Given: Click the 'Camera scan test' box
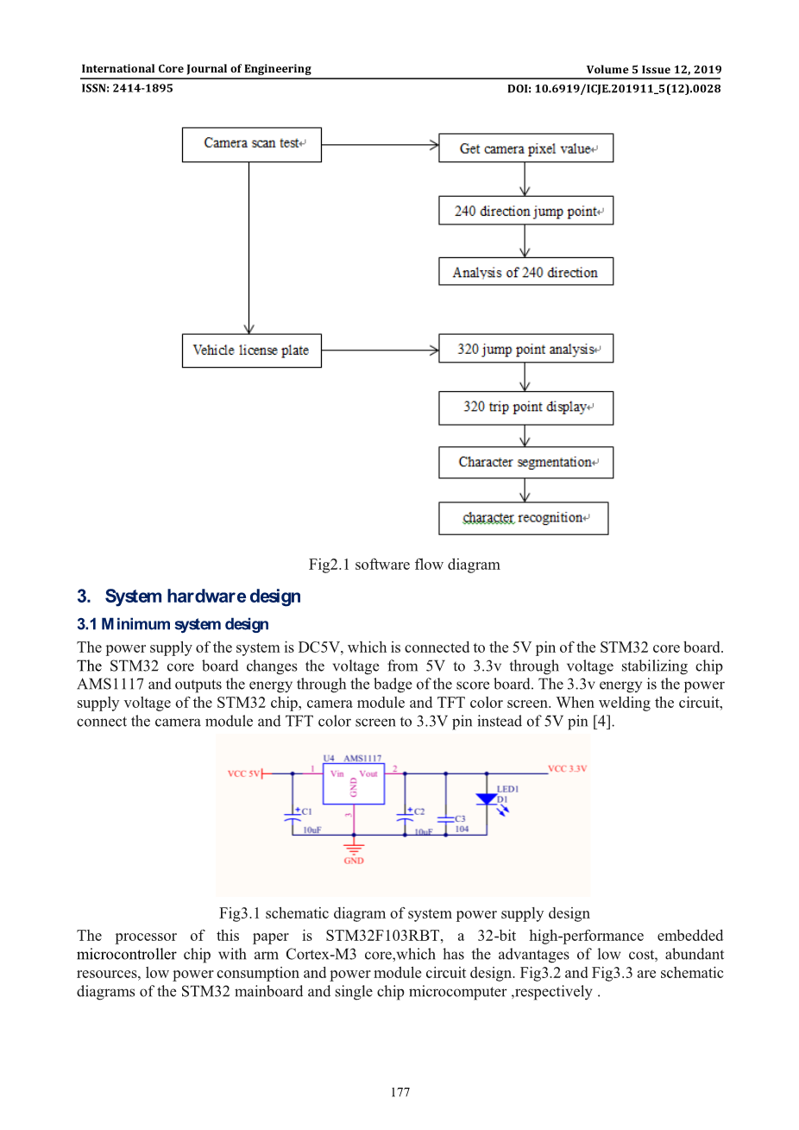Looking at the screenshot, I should [251, 144].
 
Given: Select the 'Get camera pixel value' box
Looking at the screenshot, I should [525, 148].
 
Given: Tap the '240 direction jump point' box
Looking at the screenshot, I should [525, 211].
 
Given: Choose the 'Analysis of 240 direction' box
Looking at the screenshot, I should [525, 272].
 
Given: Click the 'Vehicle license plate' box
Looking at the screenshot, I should [251, 350].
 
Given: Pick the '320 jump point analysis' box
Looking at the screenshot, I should [525, 349].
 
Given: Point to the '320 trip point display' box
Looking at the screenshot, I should [525, 407].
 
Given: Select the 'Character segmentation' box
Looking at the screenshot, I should [525, 463].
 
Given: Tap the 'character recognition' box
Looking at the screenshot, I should [523, 518].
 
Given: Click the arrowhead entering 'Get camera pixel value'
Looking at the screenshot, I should [434, 145].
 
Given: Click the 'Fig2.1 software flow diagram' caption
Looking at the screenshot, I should [404, 565].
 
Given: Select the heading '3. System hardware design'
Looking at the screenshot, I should [189, 597].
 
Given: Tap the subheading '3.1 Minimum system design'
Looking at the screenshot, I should [173, 624].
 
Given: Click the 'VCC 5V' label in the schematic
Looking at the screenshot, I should [242, 773].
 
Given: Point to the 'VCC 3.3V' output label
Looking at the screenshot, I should [568, 768].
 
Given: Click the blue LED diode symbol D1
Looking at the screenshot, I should [487, 799].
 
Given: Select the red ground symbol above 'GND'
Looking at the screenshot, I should [354, 849].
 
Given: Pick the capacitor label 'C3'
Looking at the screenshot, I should [460, 818].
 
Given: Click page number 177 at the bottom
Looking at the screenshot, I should [399, 1092].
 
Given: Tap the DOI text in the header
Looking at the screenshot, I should [613, 88].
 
